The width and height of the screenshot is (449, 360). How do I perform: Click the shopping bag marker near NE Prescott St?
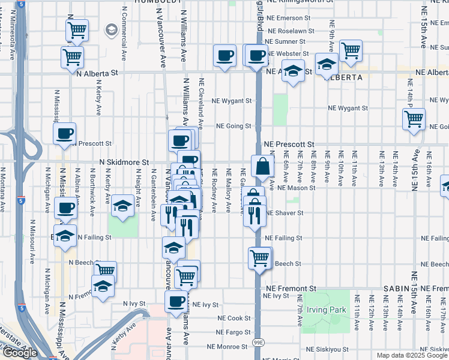tap(263, 166)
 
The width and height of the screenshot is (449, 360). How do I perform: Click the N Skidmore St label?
tap(124, 163)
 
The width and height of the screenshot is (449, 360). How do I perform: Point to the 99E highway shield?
tap(258, 341)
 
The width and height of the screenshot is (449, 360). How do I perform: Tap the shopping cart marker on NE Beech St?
tap(260, 258)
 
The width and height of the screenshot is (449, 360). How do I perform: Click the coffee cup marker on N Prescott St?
tap(65, 133)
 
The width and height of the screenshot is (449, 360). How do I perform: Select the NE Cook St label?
tap(229, 318)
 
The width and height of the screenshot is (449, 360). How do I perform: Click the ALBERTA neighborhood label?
tap(343, 77)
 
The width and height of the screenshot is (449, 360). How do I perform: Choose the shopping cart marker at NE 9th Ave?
tap(351, 50)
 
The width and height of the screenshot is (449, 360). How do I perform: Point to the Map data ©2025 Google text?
tap(411, 355)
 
